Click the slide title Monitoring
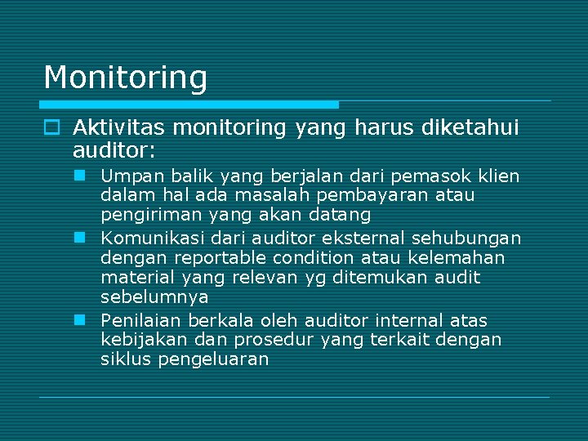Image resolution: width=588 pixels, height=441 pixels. point(125,78)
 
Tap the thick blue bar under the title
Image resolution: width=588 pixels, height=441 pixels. point(189,105)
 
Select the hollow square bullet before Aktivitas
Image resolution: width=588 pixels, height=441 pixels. point(51,128)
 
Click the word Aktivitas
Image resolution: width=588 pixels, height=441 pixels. point(119,127)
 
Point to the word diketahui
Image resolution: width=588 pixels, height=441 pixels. point(470,127)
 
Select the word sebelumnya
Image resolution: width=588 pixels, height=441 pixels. point(154,297)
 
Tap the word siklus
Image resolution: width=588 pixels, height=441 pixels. point(125,359)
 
